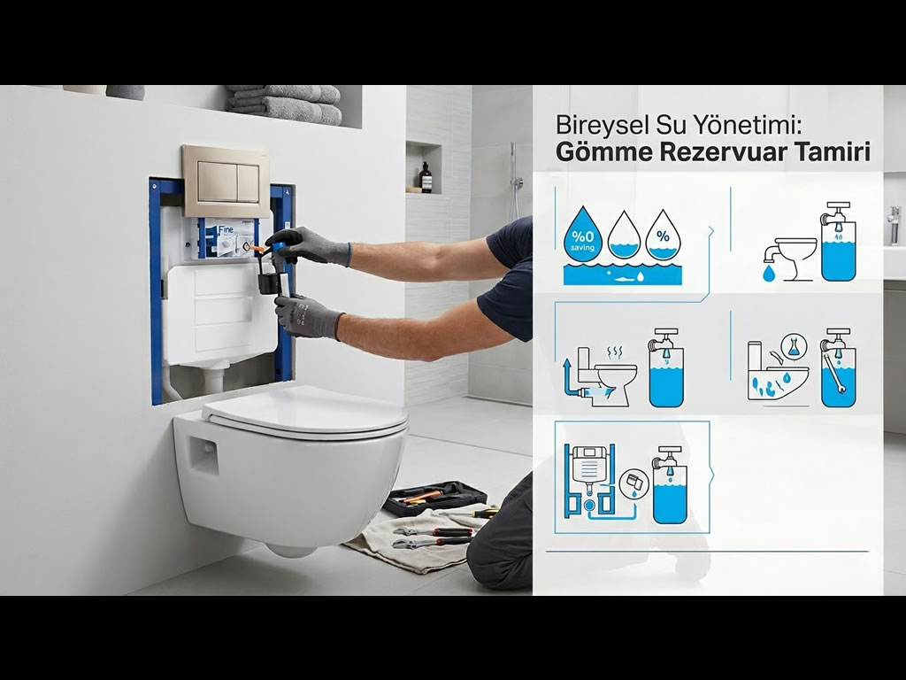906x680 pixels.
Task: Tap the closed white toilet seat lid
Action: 305,413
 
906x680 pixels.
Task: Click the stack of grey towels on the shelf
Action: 283,104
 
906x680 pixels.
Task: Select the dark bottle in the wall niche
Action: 426,177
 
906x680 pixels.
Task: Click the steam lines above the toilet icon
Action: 614,352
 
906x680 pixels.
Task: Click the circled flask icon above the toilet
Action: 792,345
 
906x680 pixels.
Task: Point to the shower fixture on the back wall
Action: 514,179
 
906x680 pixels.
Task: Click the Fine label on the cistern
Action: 226,229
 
